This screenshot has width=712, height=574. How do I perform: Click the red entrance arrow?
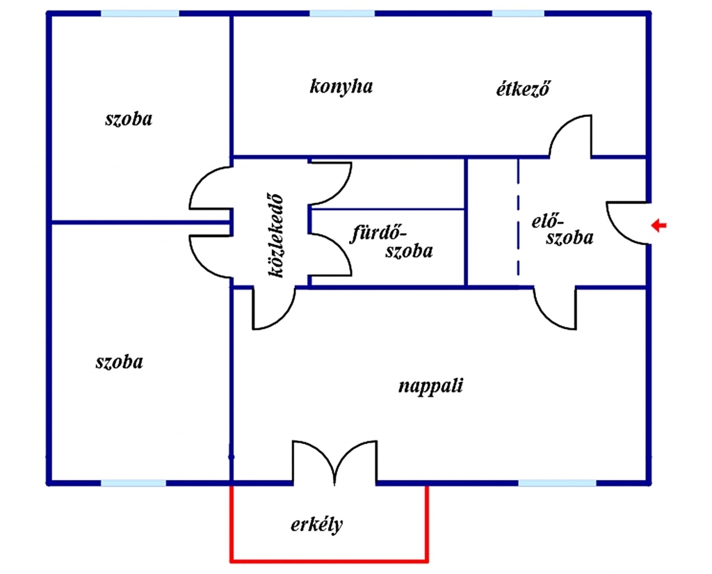tap(658, 225)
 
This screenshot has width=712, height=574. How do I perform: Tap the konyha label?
tap(341, 86)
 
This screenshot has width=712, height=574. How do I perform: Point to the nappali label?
tap(430, 386)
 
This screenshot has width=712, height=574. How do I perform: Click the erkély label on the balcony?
tap(316, 525)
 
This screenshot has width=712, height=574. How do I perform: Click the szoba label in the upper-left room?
tap(129, 118)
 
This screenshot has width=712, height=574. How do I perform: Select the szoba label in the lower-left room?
tap(119, 362)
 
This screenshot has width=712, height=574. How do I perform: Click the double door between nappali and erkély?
tap(335, 461)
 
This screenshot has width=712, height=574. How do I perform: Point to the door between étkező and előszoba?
tap(572, 136)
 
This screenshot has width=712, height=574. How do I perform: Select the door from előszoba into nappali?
tap(556, 308)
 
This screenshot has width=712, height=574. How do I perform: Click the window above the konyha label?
tap(341, 13)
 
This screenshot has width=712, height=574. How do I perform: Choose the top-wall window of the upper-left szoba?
tap(140, 13)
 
